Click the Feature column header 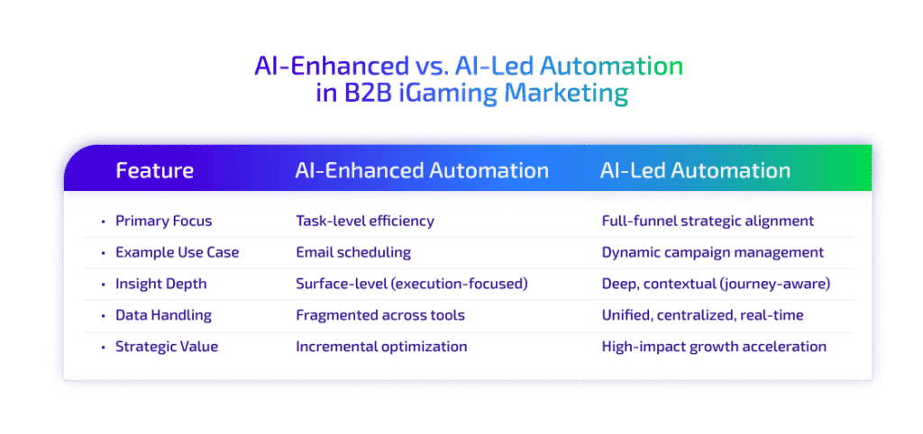[154, 170]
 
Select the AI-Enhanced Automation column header [422, 170]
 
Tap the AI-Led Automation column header [695, 170]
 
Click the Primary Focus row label [164, 221]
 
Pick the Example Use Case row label [177, 252]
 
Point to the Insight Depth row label [160, 284]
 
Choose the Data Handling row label [162, 315]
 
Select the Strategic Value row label [166, 347]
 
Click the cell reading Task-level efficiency [364, 221]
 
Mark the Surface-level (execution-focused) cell [411, 284]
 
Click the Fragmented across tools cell [379, 315]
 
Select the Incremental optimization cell [381, 347]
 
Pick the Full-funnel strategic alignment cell [708, 221]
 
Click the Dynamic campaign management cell [712, 252]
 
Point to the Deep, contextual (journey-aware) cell [716, 284]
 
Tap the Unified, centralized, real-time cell [703, 315]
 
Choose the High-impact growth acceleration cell [714, 347]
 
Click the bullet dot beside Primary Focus [103, 222]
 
